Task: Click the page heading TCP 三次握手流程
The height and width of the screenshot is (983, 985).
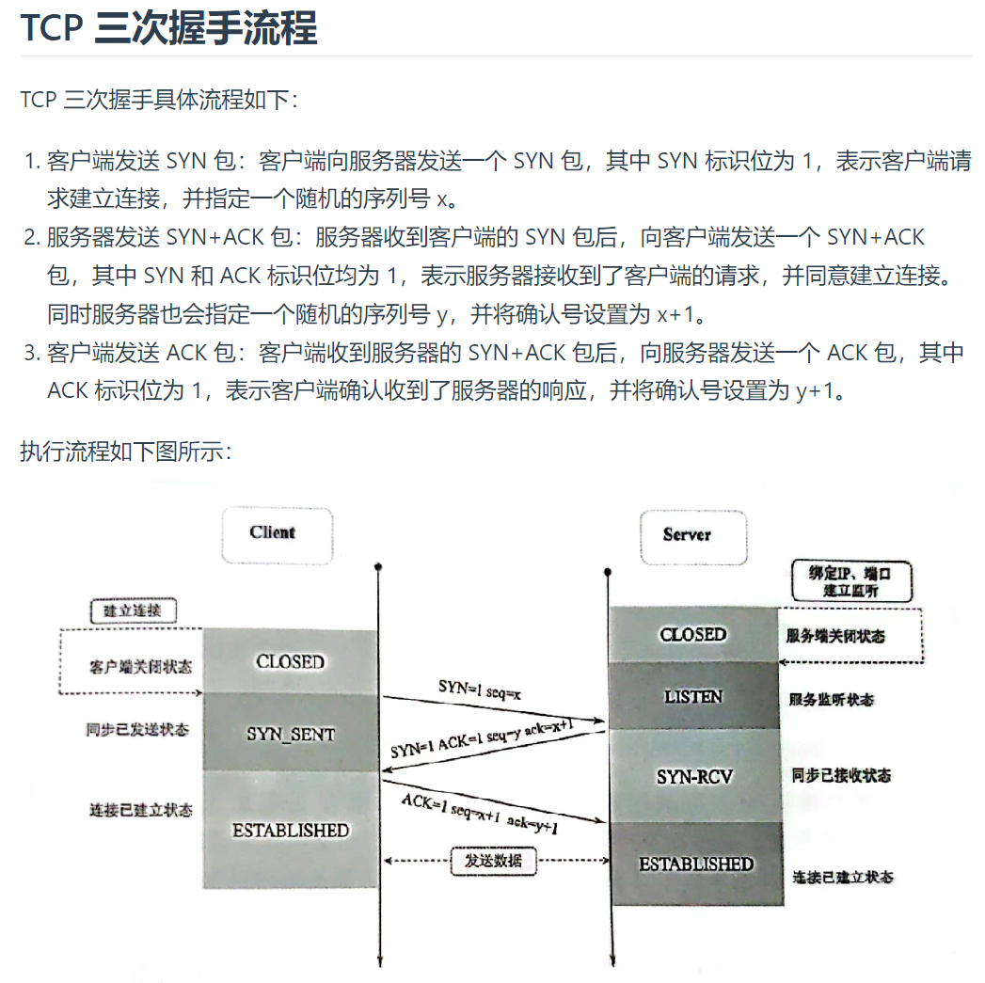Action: [x=169, y=28]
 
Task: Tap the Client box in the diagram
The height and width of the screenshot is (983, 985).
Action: [x=273, y=533]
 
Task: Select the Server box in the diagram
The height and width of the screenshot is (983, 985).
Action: [x=688, y=535]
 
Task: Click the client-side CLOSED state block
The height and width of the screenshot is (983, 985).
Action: [x=290, y=662]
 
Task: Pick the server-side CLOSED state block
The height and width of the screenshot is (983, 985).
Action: [x=693, y=635]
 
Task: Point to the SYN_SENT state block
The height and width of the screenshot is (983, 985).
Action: [x=290, y=734]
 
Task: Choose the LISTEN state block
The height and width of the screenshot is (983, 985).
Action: [x=693, y=697]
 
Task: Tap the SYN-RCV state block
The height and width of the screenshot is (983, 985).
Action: [x=694, y=777]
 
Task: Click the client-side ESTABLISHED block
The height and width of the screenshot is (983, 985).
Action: [x=290, y=831]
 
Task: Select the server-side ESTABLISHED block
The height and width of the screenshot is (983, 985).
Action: [x=696, y=864]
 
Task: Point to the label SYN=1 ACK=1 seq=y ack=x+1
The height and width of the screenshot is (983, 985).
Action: [x=483, y=736]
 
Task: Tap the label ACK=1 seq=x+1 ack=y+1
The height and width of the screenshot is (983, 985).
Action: [x=480, y=813]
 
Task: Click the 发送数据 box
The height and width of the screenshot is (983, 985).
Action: [x=493, y=860]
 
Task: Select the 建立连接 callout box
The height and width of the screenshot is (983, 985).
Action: [x=132, y=610]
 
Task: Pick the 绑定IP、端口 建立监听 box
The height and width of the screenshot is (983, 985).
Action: [x=850, y=581]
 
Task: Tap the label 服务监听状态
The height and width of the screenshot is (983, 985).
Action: [x=831, y=701]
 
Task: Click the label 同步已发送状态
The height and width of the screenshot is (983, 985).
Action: [x=137, y=730]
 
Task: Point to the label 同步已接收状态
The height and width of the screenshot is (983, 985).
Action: [x=841, y=776]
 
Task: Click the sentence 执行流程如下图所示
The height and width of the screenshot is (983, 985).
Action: [x=125, y=452]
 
